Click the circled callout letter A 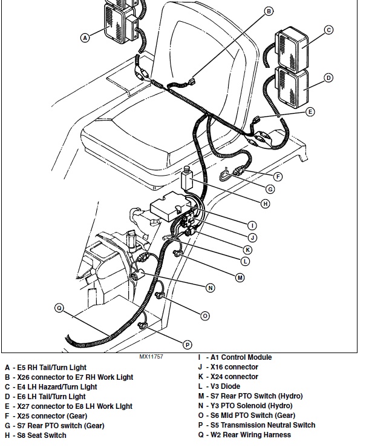point(85,37)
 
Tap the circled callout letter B point(269,11)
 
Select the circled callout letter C point(328,30)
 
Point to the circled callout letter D point(328,78)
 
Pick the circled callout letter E point(310,111)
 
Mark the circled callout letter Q point(59,308)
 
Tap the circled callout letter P point(188,345)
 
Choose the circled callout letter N point(211,288)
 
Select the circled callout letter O point(205,316)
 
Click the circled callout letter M point(240,277)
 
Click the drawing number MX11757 point(151,357)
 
